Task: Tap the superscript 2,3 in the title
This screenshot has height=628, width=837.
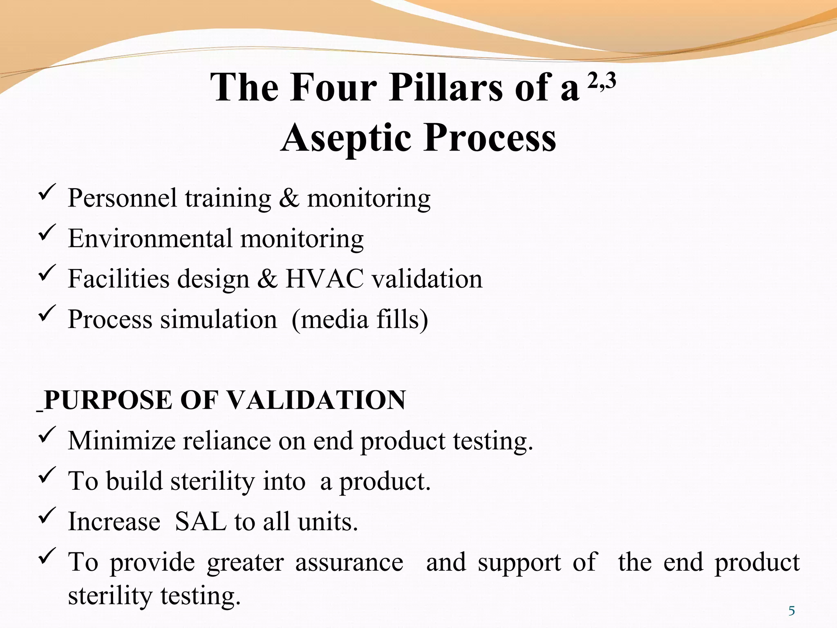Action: point(602,82)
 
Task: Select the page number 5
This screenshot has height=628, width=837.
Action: point(792,611)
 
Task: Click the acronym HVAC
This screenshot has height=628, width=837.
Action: point(324,279)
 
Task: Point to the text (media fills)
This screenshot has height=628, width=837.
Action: point(360,319)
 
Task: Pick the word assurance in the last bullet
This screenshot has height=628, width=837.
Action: point(349,562)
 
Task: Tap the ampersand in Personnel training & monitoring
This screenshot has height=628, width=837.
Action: point(289,198)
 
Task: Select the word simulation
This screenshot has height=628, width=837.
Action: point(219,319)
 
